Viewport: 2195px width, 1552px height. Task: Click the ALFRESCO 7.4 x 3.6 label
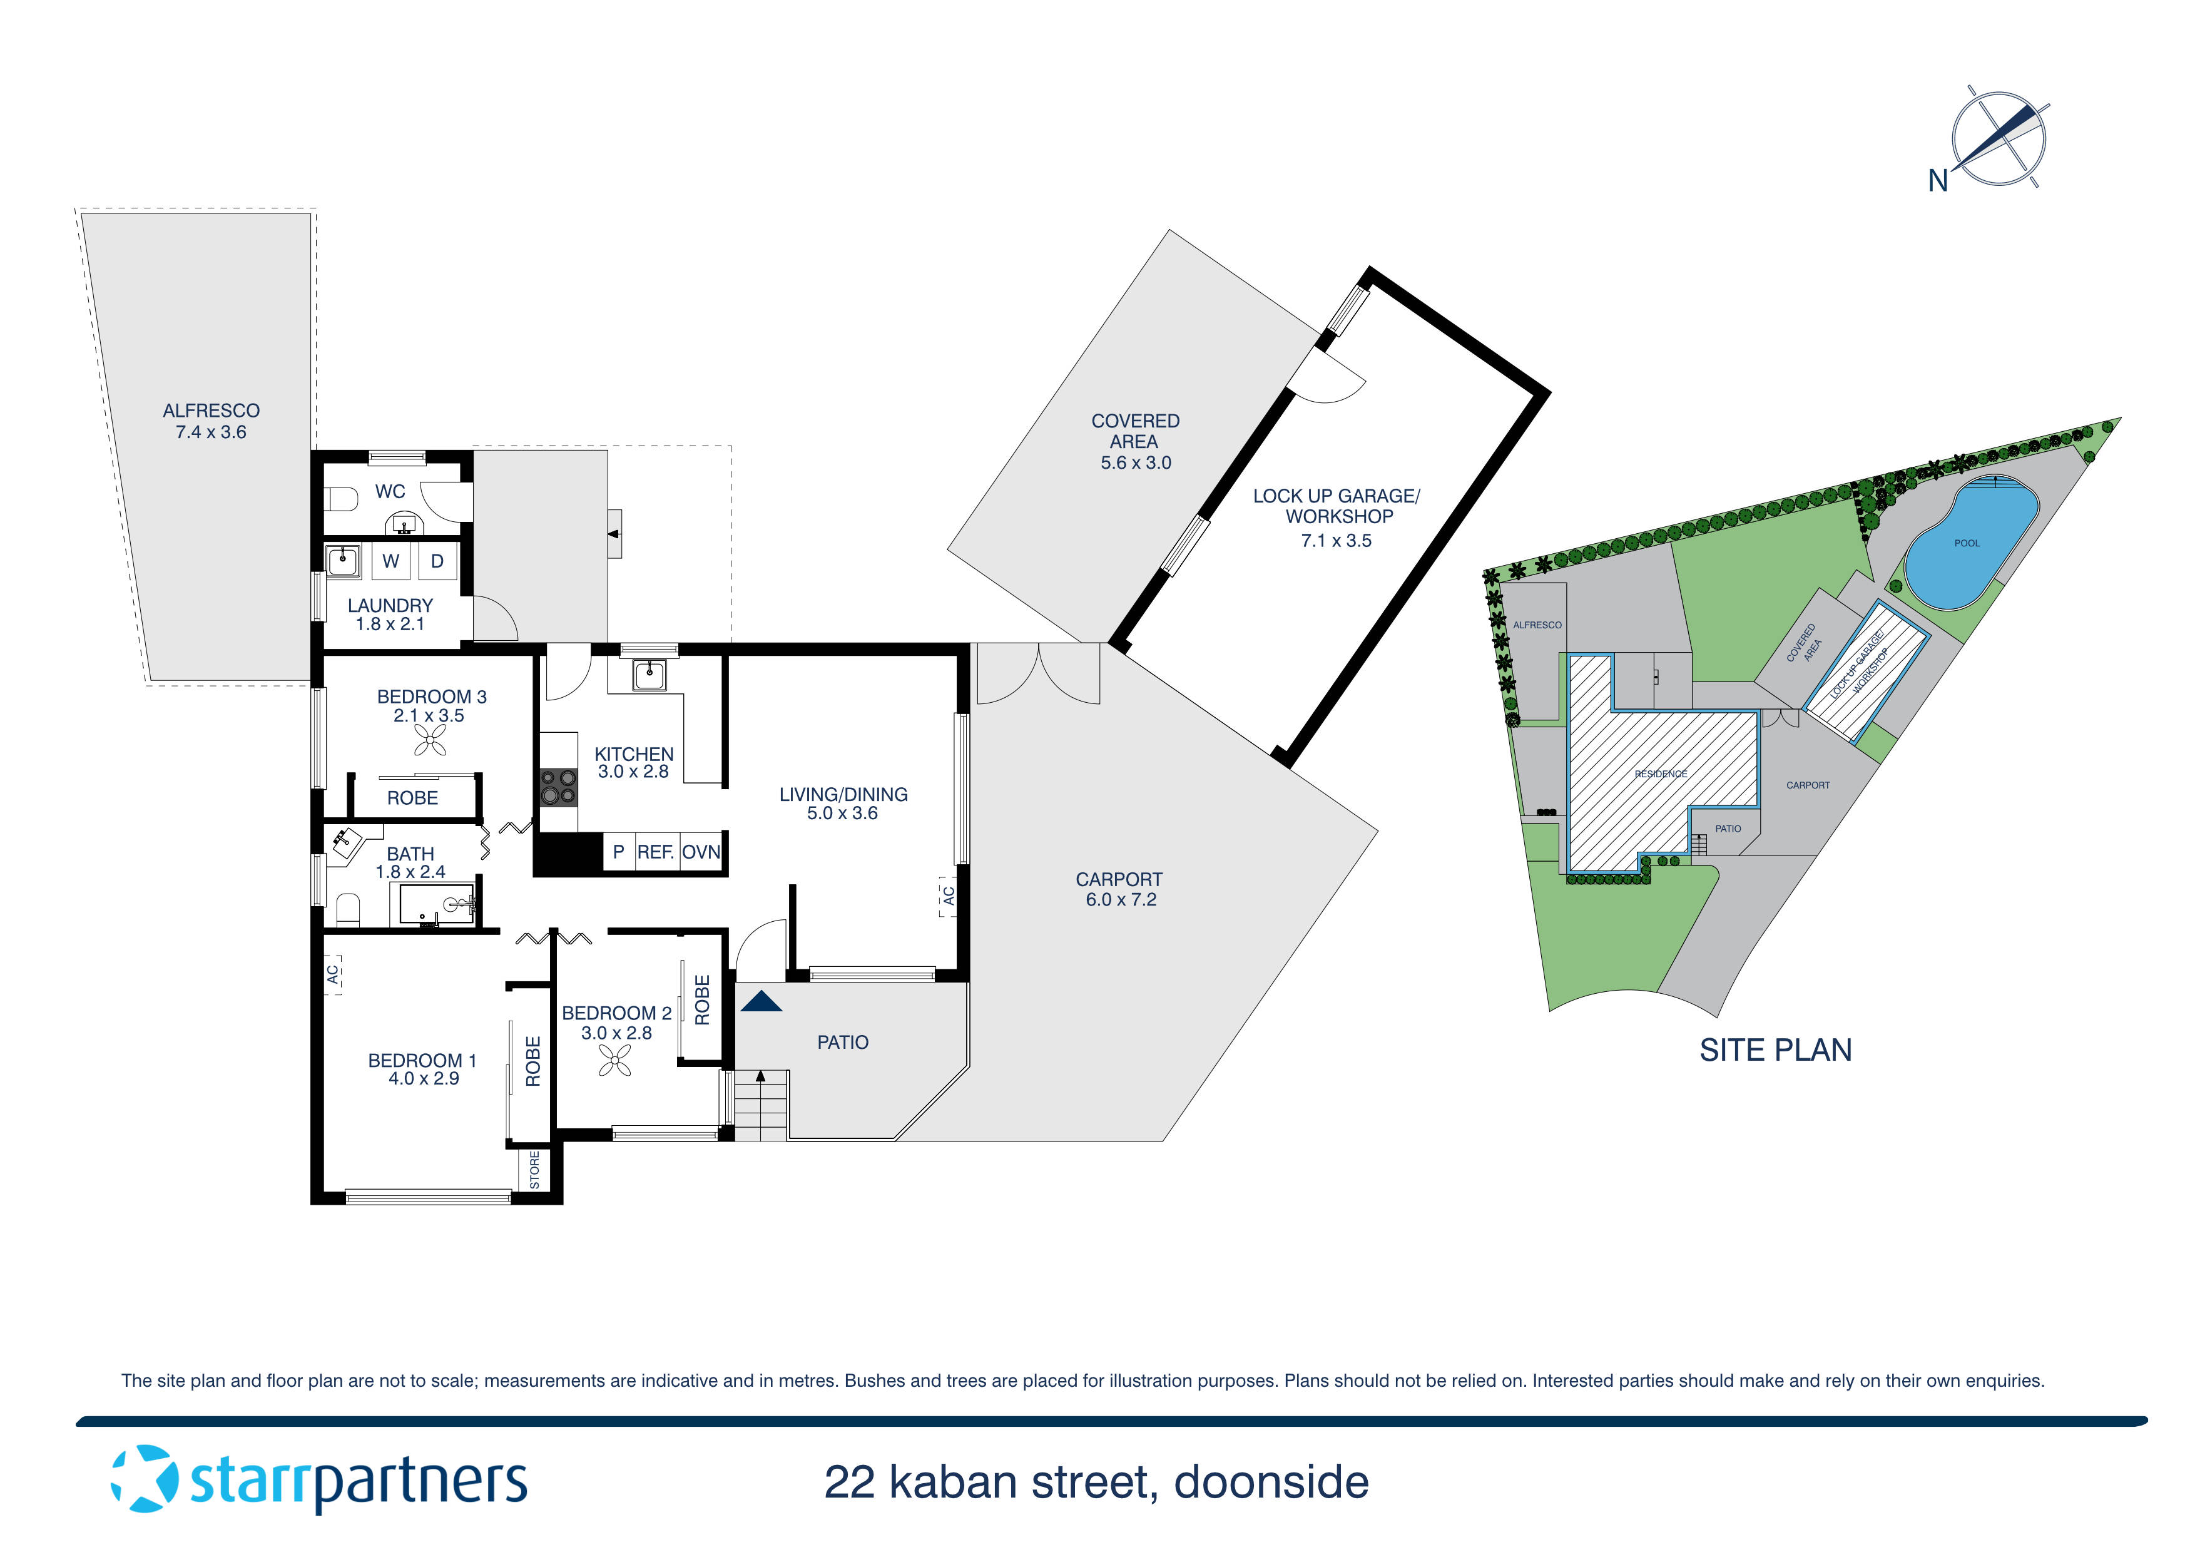[211, 421]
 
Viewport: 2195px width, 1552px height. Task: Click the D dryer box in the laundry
[437, 561]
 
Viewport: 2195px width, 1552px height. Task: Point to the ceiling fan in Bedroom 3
[430, 739]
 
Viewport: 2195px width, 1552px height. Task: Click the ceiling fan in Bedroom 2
[614, 1059]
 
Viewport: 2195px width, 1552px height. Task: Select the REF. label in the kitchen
[656, 852]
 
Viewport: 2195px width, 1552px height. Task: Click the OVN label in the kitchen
[701, 852]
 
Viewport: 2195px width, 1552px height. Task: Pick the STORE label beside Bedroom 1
[534, 1170]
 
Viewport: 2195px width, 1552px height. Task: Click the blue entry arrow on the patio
[761, 1001]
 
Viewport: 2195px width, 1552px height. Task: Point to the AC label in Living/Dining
[949, 896]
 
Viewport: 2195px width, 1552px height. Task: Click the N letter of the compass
[1938, 181]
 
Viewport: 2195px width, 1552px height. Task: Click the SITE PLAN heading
[1775, 1050]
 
